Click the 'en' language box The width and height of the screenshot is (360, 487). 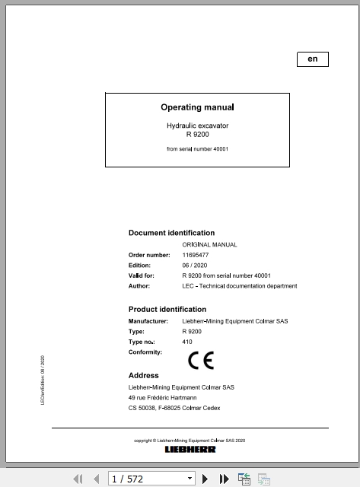(x=312, y=59)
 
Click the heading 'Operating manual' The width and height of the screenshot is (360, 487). (x=197, y=108)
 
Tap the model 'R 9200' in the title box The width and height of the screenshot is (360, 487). (x=197, y=134)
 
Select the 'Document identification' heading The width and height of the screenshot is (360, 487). (x=171, y=233)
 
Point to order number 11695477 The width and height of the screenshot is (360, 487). (x=197, y=255)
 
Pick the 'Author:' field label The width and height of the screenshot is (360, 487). (x=139, y=286)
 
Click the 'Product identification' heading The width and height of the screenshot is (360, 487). (x=167, y=309)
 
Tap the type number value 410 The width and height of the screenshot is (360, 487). (x=188, y=343)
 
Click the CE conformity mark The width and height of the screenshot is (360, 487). (x=201, y=361)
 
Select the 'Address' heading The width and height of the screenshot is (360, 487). (x=144, y=375)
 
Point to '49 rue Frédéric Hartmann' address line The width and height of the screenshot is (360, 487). (x=161, y=397)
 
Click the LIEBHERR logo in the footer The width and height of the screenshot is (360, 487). (x=190, y=450)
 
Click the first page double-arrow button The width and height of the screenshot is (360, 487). (x=77, y=479)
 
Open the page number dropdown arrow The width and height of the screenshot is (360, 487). (x=186, y=479)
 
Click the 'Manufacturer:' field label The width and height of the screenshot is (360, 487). (x=148, y=321)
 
